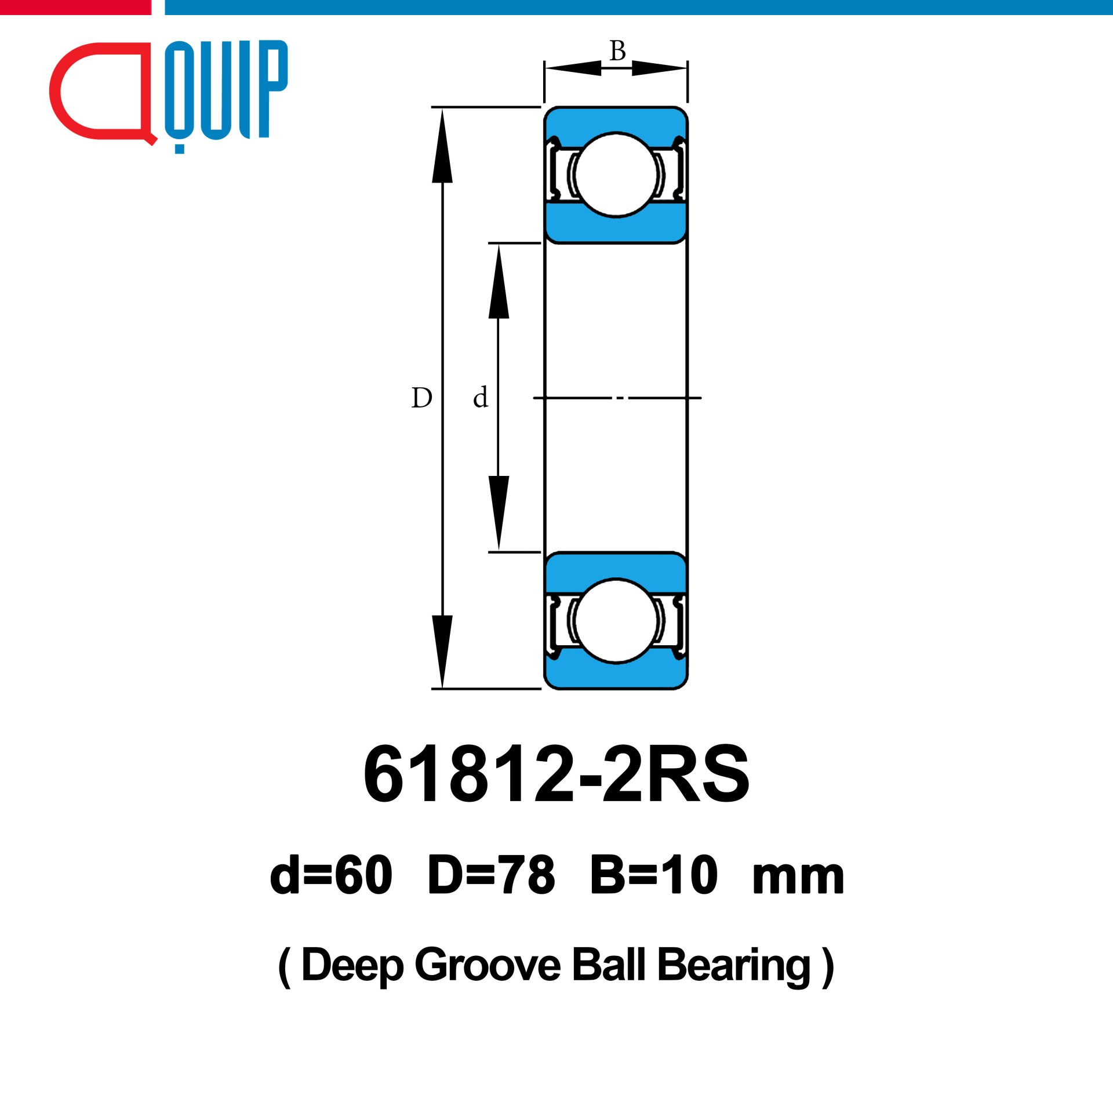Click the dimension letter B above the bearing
617,51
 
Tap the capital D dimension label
421,398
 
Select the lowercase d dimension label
480,398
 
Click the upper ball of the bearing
616,174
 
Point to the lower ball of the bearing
616,620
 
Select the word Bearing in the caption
734,966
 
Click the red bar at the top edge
75,7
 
